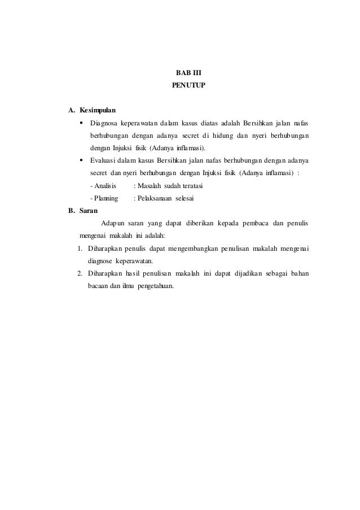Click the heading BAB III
(180, 74)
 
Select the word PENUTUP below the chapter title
(180, 87)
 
